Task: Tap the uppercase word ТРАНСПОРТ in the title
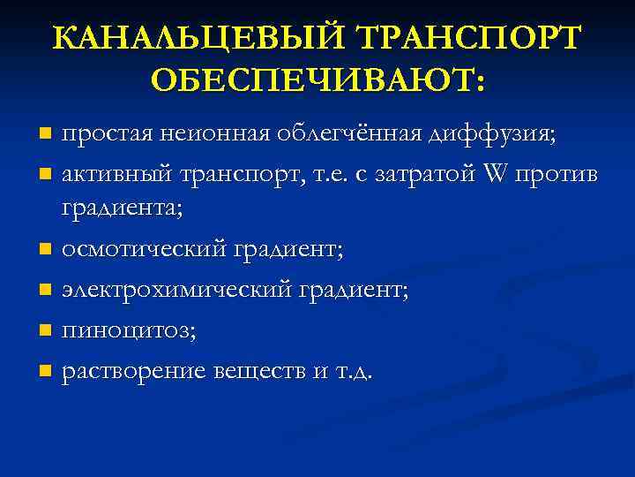click(468, 39)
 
